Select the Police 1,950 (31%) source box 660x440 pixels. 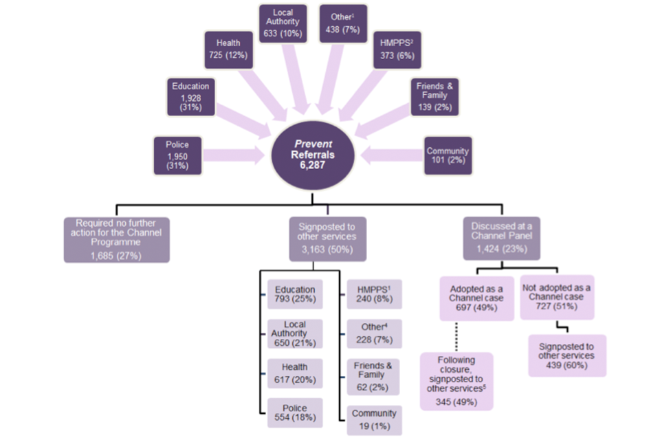177,155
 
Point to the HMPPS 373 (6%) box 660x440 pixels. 396,50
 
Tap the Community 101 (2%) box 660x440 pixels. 448,155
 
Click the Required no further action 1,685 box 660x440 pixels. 116,240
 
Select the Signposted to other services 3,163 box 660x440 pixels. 327,239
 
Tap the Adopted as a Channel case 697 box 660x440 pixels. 476,298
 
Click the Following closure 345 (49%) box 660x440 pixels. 457,381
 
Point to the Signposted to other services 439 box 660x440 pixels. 566,355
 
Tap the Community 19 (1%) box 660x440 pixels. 373,418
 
